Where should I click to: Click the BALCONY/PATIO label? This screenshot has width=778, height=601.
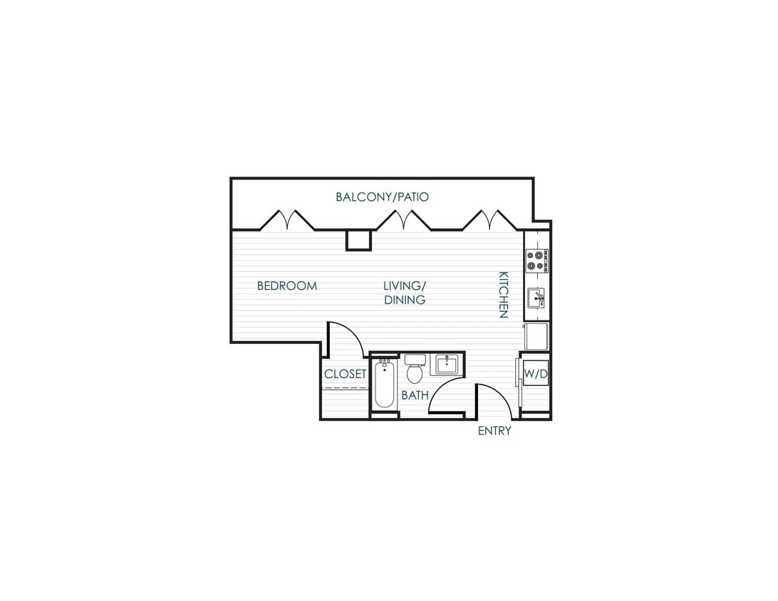click(383, 197)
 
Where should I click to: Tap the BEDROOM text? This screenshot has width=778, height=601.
click(286, 286)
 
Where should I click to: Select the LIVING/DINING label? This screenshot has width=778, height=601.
click(404, 293)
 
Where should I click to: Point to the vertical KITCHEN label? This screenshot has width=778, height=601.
click(503, 294)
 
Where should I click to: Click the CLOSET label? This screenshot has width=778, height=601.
click(345, 374)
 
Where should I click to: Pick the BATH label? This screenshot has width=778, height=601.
click(414, 394)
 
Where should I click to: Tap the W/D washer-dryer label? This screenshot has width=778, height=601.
click(535, 373)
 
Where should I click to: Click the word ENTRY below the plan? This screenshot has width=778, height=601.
click(494, 431)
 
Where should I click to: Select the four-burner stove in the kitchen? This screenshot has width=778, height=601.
click(536, 261)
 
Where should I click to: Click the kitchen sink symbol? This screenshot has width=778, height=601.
click(536, 298)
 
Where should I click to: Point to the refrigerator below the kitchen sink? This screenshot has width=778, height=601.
click(536, 336)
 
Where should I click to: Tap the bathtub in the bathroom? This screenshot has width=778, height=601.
click(384, 385)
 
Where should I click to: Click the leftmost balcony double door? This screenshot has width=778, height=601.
click(287, 220)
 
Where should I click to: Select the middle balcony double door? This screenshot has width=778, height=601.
click(403, 220)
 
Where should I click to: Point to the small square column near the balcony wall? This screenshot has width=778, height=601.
click(358, 240)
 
